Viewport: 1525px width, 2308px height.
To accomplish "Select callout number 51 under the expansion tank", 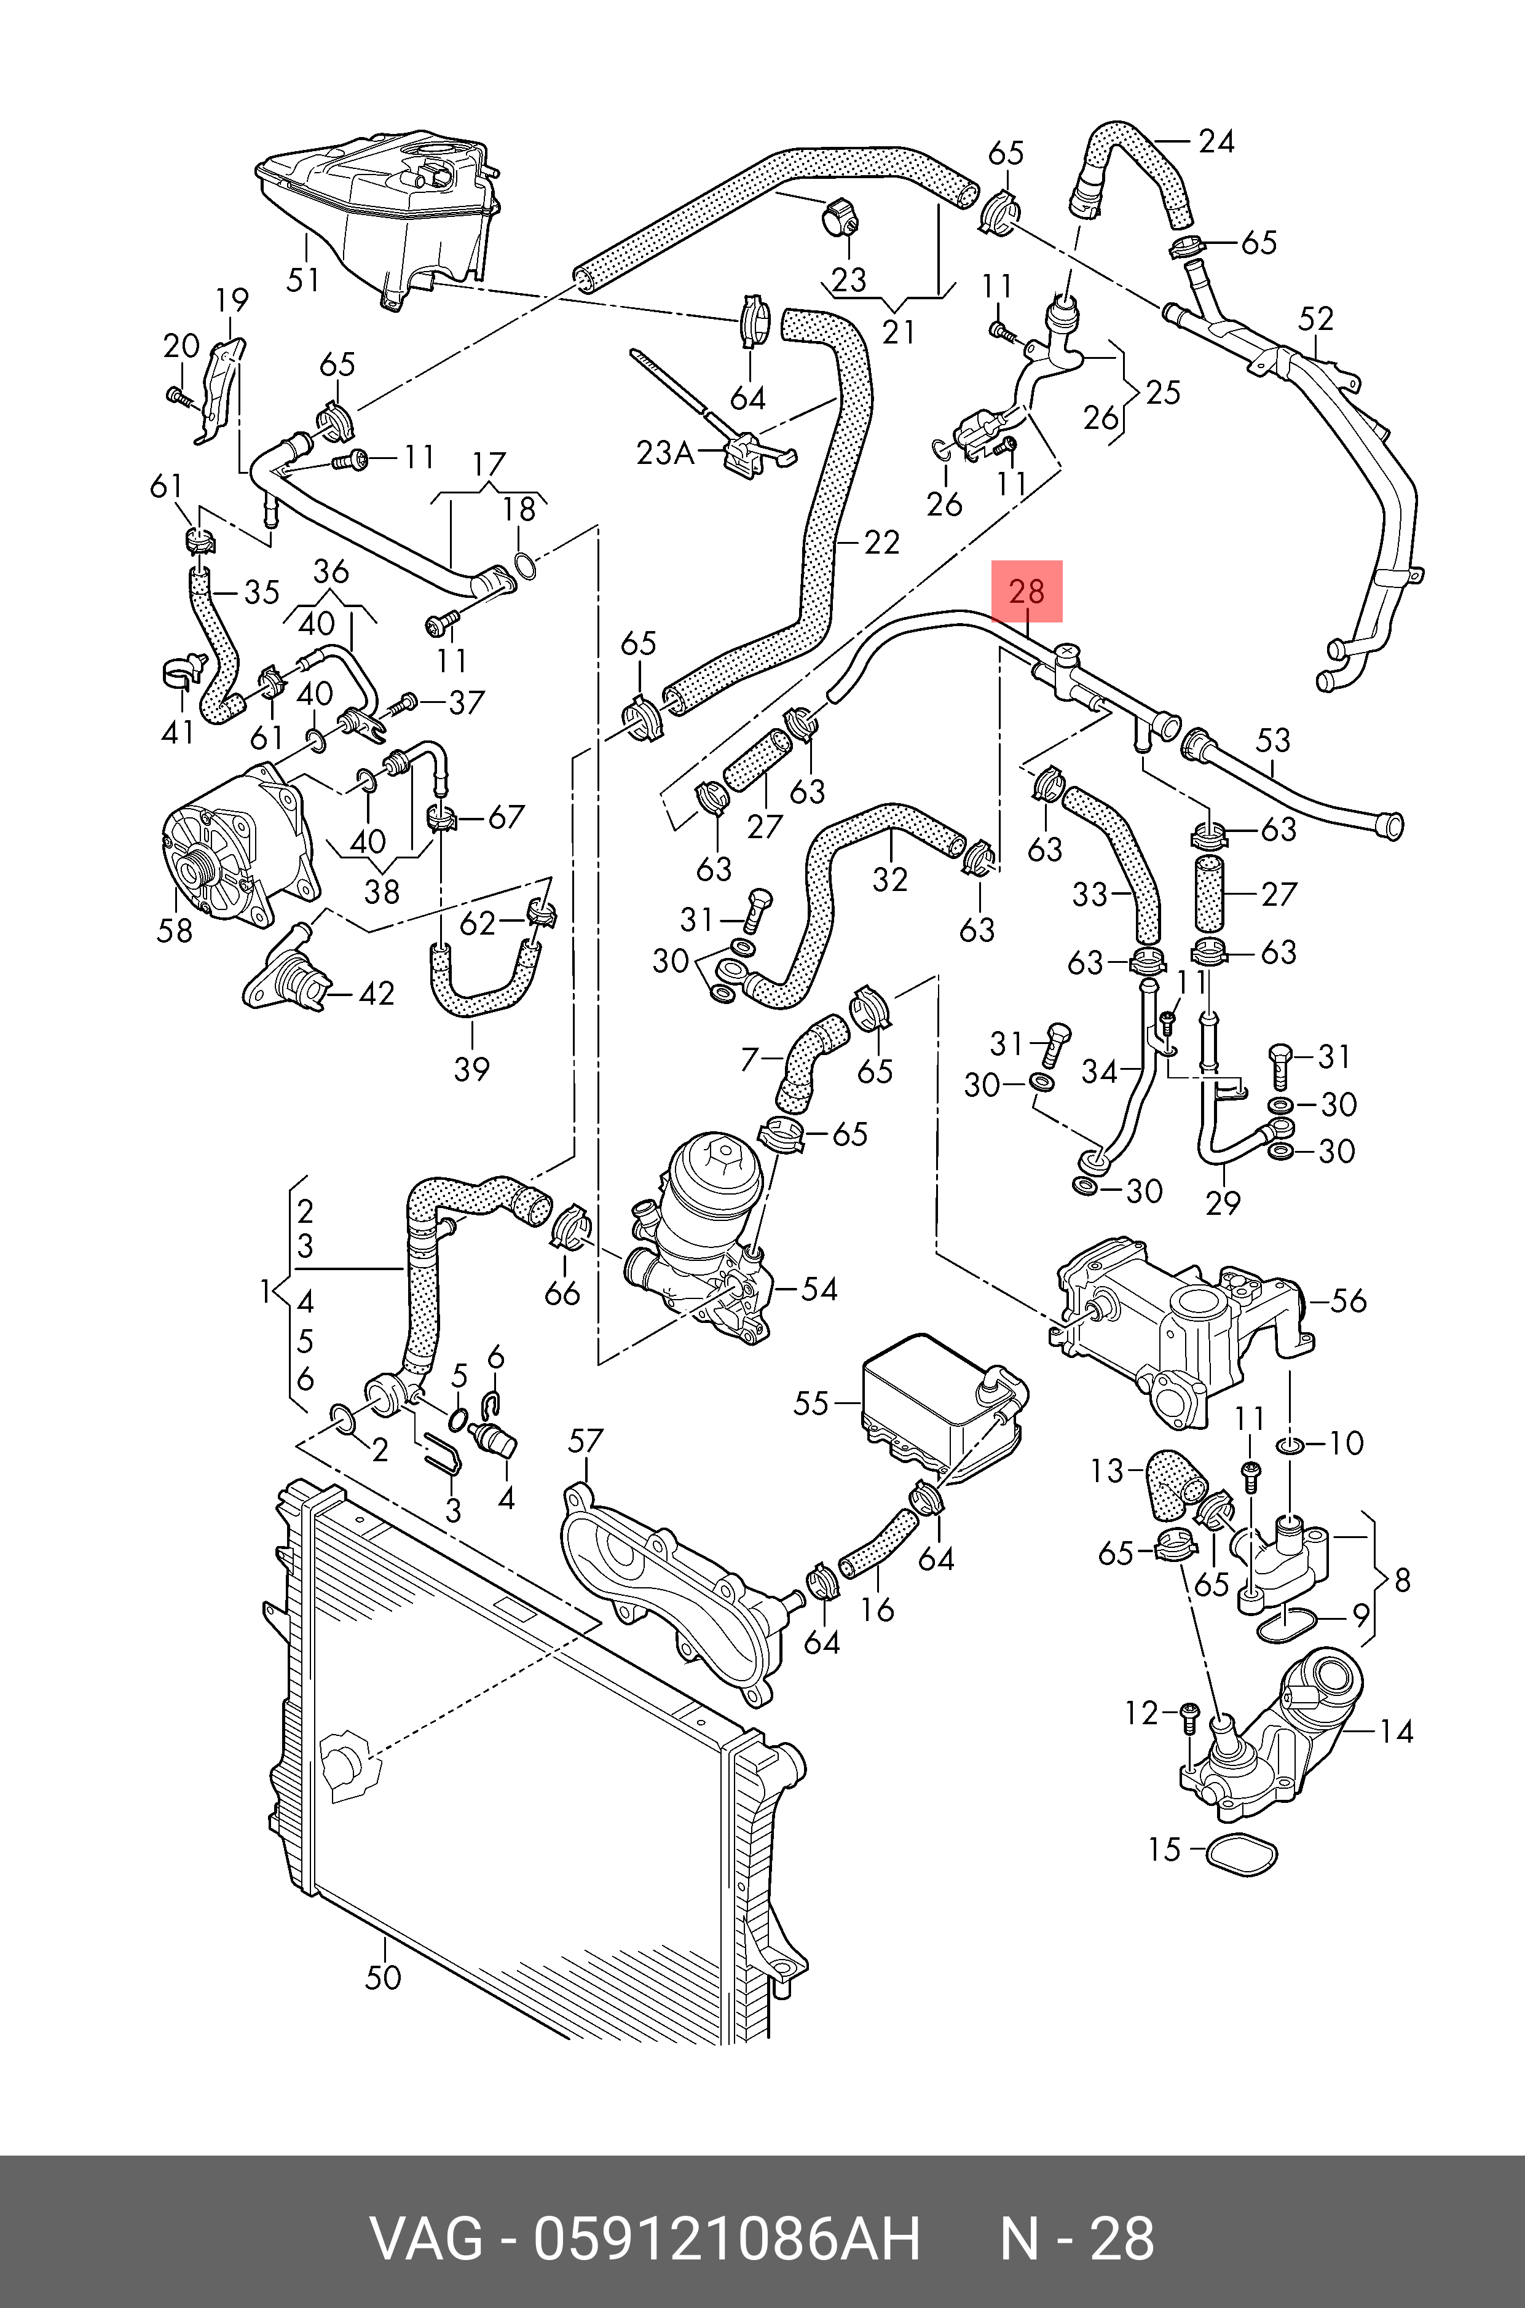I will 304,280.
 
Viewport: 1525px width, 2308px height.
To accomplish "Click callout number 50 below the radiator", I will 383,1977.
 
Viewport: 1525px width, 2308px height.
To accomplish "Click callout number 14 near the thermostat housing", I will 1396,1732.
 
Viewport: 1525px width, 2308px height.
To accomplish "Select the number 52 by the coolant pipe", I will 1315,319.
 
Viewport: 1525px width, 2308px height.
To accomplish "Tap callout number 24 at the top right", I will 1216,142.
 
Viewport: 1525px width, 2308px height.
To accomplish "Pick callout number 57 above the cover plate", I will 586,1441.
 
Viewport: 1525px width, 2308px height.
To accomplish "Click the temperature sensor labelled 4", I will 494,1439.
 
